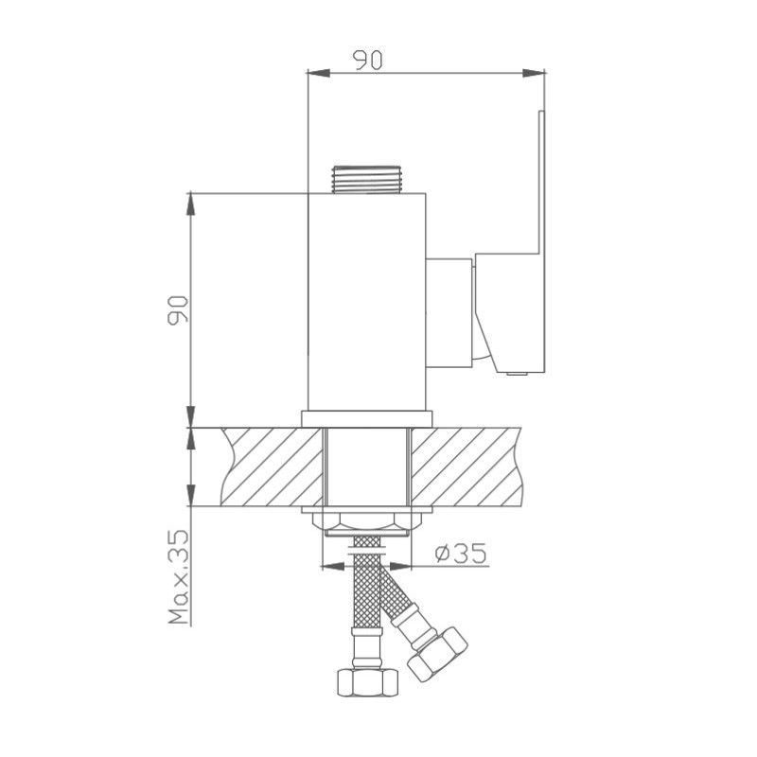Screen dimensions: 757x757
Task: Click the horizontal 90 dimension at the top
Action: click(x=367, y=59)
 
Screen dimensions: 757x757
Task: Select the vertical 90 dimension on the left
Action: click(x=178, y=309)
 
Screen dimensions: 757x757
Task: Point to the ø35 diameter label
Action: click(x=462, y=552)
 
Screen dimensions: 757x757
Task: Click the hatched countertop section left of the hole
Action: click(x=270, y=466)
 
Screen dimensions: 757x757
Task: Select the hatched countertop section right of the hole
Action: click(x=468, y=466)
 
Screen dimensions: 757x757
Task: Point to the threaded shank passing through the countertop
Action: click(x=367, y=468)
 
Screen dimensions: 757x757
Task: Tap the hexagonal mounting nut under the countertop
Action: click(x=367, y=520)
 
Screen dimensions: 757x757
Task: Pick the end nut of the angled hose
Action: click(x=437, y=653)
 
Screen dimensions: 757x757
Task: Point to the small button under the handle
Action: click(x=517, y=375)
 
